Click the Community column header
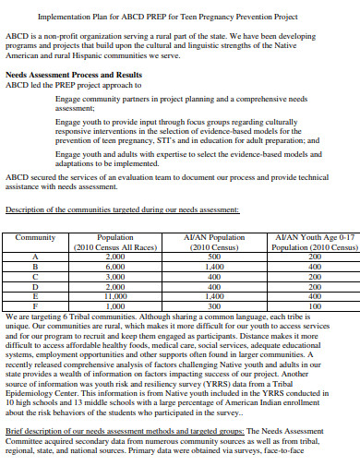(x=35, y=237)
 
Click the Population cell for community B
(x=115, y=266)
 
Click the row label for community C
(x=35, y=275)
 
